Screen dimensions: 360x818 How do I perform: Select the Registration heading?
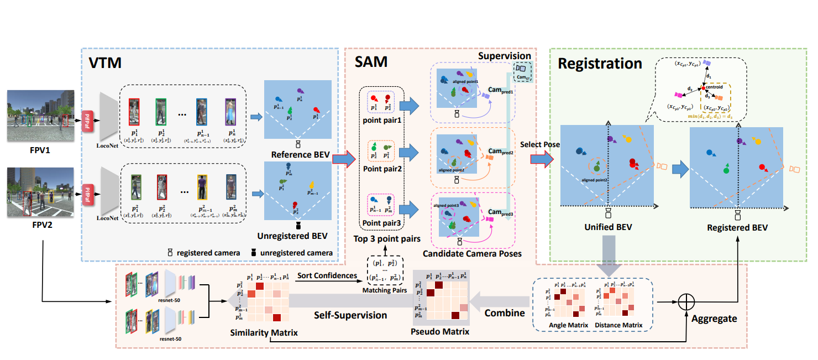(x=600, y=63)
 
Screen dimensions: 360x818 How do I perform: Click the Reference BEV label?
(x=297, y=155)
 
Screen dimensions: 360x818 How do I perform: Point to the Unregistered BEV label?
(x=297, y=236)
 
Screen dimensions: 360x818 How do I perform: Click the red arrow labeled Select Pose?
(x=541, y=159)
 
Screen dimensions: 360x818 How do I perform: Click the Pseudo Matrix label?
(x=441, y=332)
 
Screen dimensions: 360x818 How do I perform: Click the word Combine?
(x=505, y=313)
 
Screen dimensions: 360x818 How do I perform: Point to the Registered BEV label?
(x=737, y=227)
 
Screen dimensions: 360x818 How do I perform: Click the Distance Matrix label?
(x=618, y=325)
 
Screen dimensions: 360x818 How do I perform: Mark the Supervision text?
(x=504, y=56)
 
